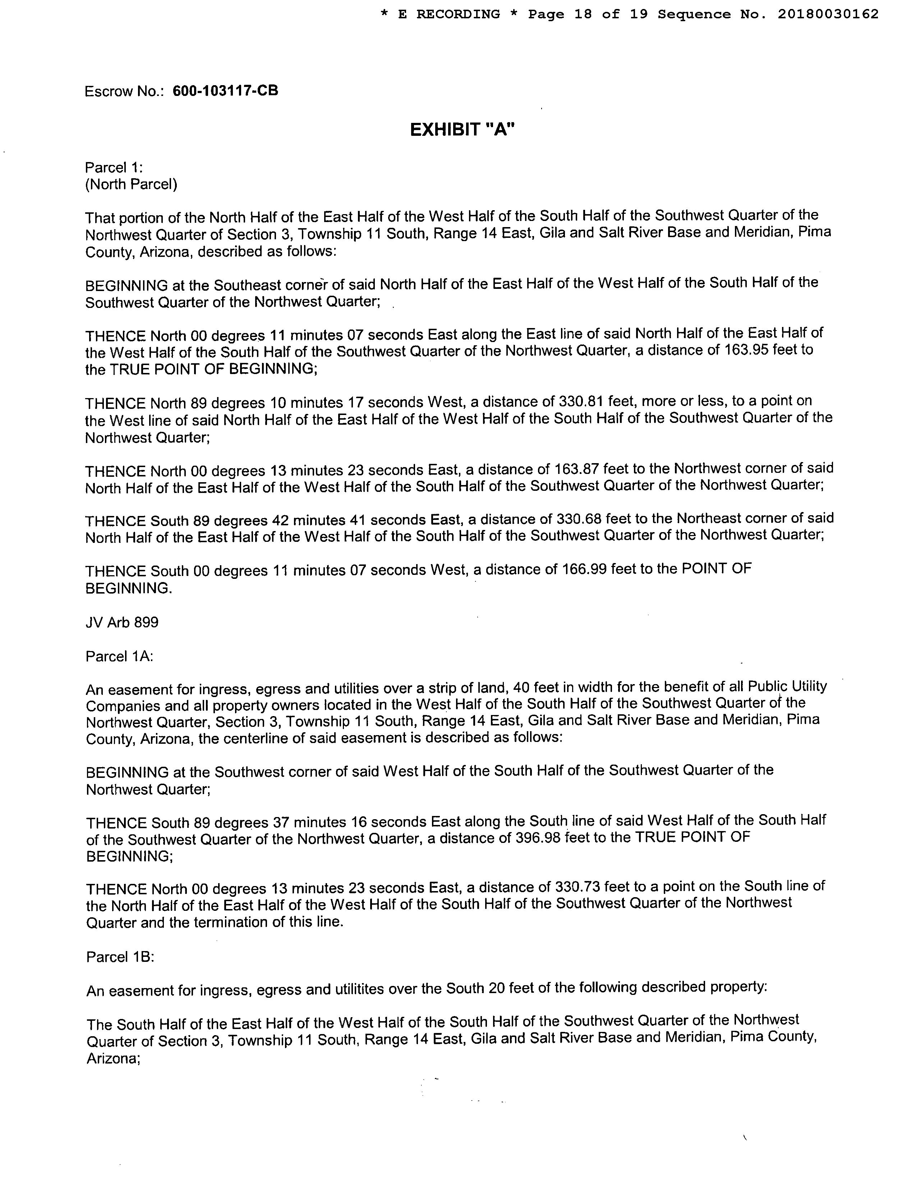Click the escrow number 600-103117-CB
(x=225, y=91)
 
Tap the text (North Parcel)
(x=131, y=185)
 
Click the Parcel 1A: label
(x=119, y=656)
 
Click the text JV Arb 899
(x=122, y=622)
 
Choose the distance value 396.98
(x=537, y=838)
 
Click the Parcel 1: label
(x=113, y=167)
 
